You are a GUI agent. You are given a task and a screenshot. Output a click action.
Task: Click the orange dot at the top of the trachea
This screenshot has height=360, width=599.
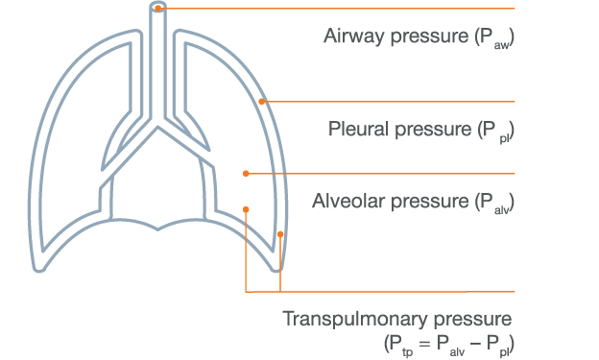[x=158, y=8]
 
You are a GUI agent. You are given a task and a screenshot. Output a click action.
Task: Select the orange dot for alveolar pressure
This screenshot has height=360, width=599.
[x=246, y=173]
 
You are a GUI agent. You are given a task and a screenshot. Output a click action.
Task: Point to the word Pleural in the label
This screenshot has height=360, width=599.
[x=357, y=129]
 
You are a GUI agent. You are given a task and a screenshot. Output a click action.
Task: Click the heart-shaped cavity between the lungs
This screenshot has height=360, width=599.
[x=159, y=182]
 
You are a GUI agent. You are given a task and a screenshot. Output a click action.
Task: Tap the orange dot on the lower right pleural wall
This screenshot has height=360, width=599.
[x=280, y=234]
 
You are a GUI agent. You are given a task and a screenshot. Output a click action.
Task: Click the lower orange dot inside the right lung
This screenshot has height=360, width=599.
[x=247, y=209]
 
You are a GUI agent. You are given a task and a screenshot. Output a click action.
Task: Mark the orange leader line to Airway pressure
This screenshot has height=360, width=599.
[x=336, y=8]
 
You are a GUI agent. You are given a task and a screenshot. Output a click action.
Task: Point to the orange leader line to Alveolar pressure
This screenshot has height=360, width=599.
[x=384, y=173]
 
